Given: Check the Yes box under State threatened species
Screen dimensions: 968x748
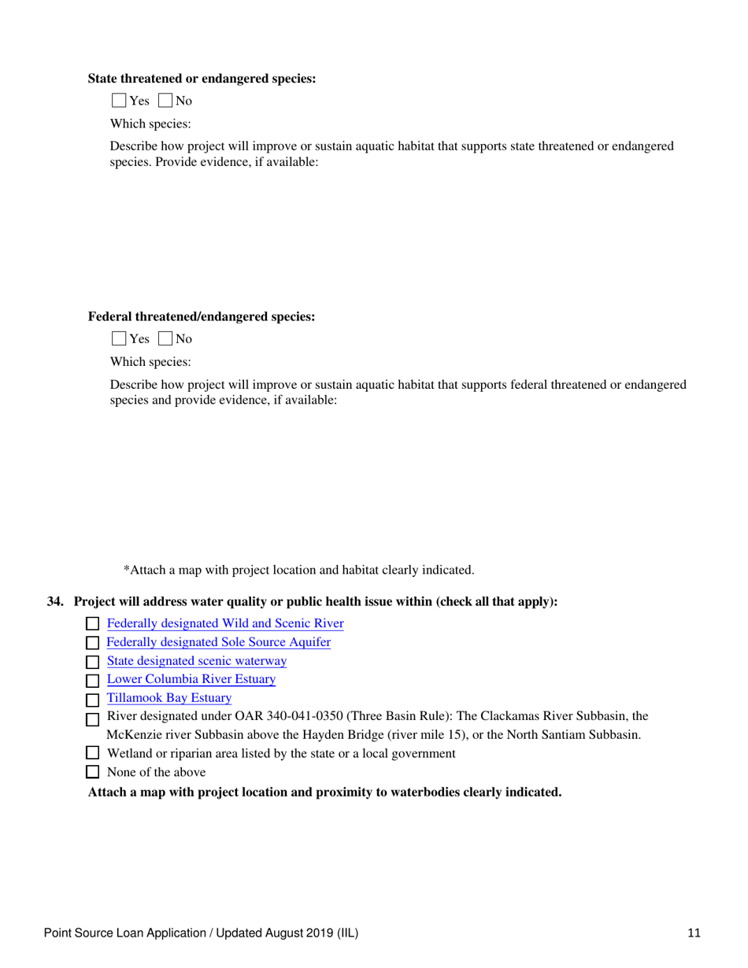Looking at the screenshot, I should click(119, 101).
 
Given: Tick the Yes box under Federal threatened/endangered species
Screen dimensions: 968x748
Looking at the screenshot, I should click(119, 339).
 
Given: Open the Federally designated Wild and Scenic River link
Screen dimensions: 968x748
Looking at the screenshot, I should click(225, 624).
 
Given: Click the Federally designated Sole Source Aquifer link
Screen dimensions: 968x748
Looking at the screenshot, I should click(218, 642).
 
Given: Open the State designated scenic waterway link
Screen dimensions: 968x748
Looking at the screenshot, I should click(196, 661).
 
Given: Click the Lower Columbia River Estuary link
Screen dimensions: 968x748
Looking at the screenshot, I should click(191, 679).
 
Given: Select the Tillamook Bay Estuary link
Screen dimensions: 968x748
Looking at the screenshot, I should click(168, 697).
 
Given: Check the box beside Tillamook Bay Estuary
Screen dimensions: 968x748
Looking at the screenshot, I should click(92, 699).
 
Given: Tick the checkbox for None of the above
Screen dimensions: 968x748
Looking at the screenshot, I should click(92, 773).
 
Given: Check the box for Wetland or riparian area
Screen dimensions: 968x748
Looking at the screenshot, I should click(92, 754).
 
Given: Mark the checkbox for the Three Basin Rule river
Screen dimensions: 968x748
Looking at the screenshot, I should click(92, 718).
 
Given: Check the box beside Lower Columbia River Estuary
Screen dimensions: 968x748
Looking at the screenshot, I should click(92, 680).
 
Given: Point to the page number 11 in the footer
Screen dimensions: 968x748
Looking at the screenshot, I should click(694, 933).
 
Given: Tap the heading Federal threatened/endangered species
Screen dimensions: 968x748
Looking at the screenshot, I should click(202, 317).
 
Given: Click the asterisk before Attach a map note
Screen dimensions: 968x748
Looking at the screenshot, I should click(126, 568).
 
